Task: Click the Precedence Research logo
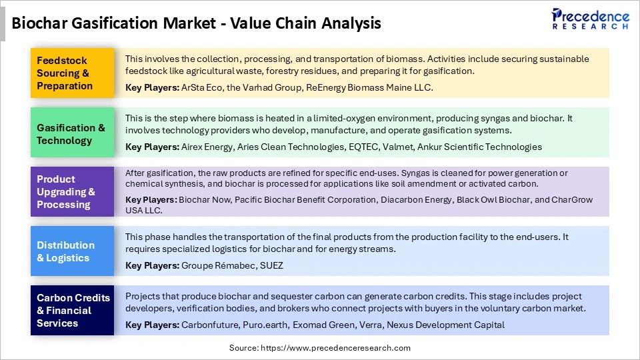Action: [590, 19]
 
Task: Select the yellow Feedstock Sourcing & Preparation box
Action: [72, 73]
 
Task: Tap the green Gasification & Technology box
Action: [72, 134]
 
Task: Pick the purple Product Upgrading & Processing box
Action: [72, 192]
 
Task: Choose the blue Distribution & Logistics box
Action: [72, 251]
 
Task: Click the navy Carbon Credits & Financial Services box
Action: [72, 310]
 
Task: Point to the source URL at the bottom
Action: [320, 348]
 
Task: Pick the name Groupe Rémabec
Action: [213, 265]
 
